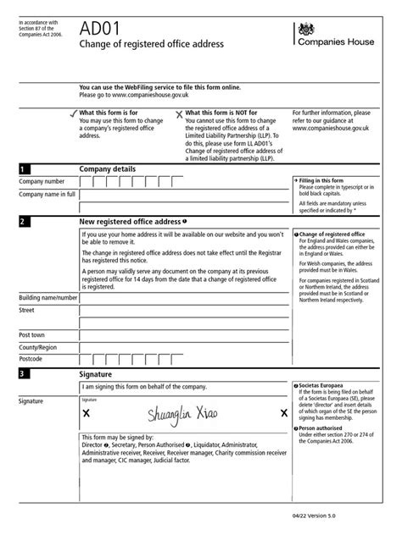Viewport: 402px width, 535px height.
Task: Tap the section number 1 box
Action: pyautogui.click(x=24, y=169)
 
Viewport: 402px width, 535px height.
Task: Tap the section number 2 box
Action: pyautogui.click(x=24, y=222)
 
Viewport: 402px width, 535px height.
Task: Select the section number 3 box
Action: pyautogui.click(x=24, y=373)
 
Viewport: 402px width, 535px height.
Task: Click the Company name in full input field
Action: pyautogui.click(x=181, y=195)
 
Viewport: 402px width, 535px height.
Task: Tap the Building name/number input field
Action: pyautogui.click(x=181, y=298)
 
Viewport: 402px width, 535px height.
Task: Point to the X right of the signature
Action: pyautogui.click(x=283, y=413)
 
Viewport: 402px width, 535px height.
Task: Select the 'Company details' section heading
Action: pyautogui.click(x=108, y=169)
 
